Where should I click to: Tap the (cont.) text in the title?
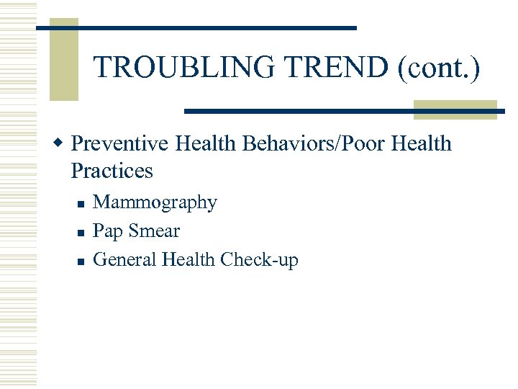[435, 67]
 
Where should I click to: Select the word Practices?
[112, 171]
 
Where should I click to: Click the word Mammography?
[155, 202]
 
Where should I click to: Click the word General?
[125, 259]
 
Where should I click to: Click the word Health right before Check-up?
[188, 259]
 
